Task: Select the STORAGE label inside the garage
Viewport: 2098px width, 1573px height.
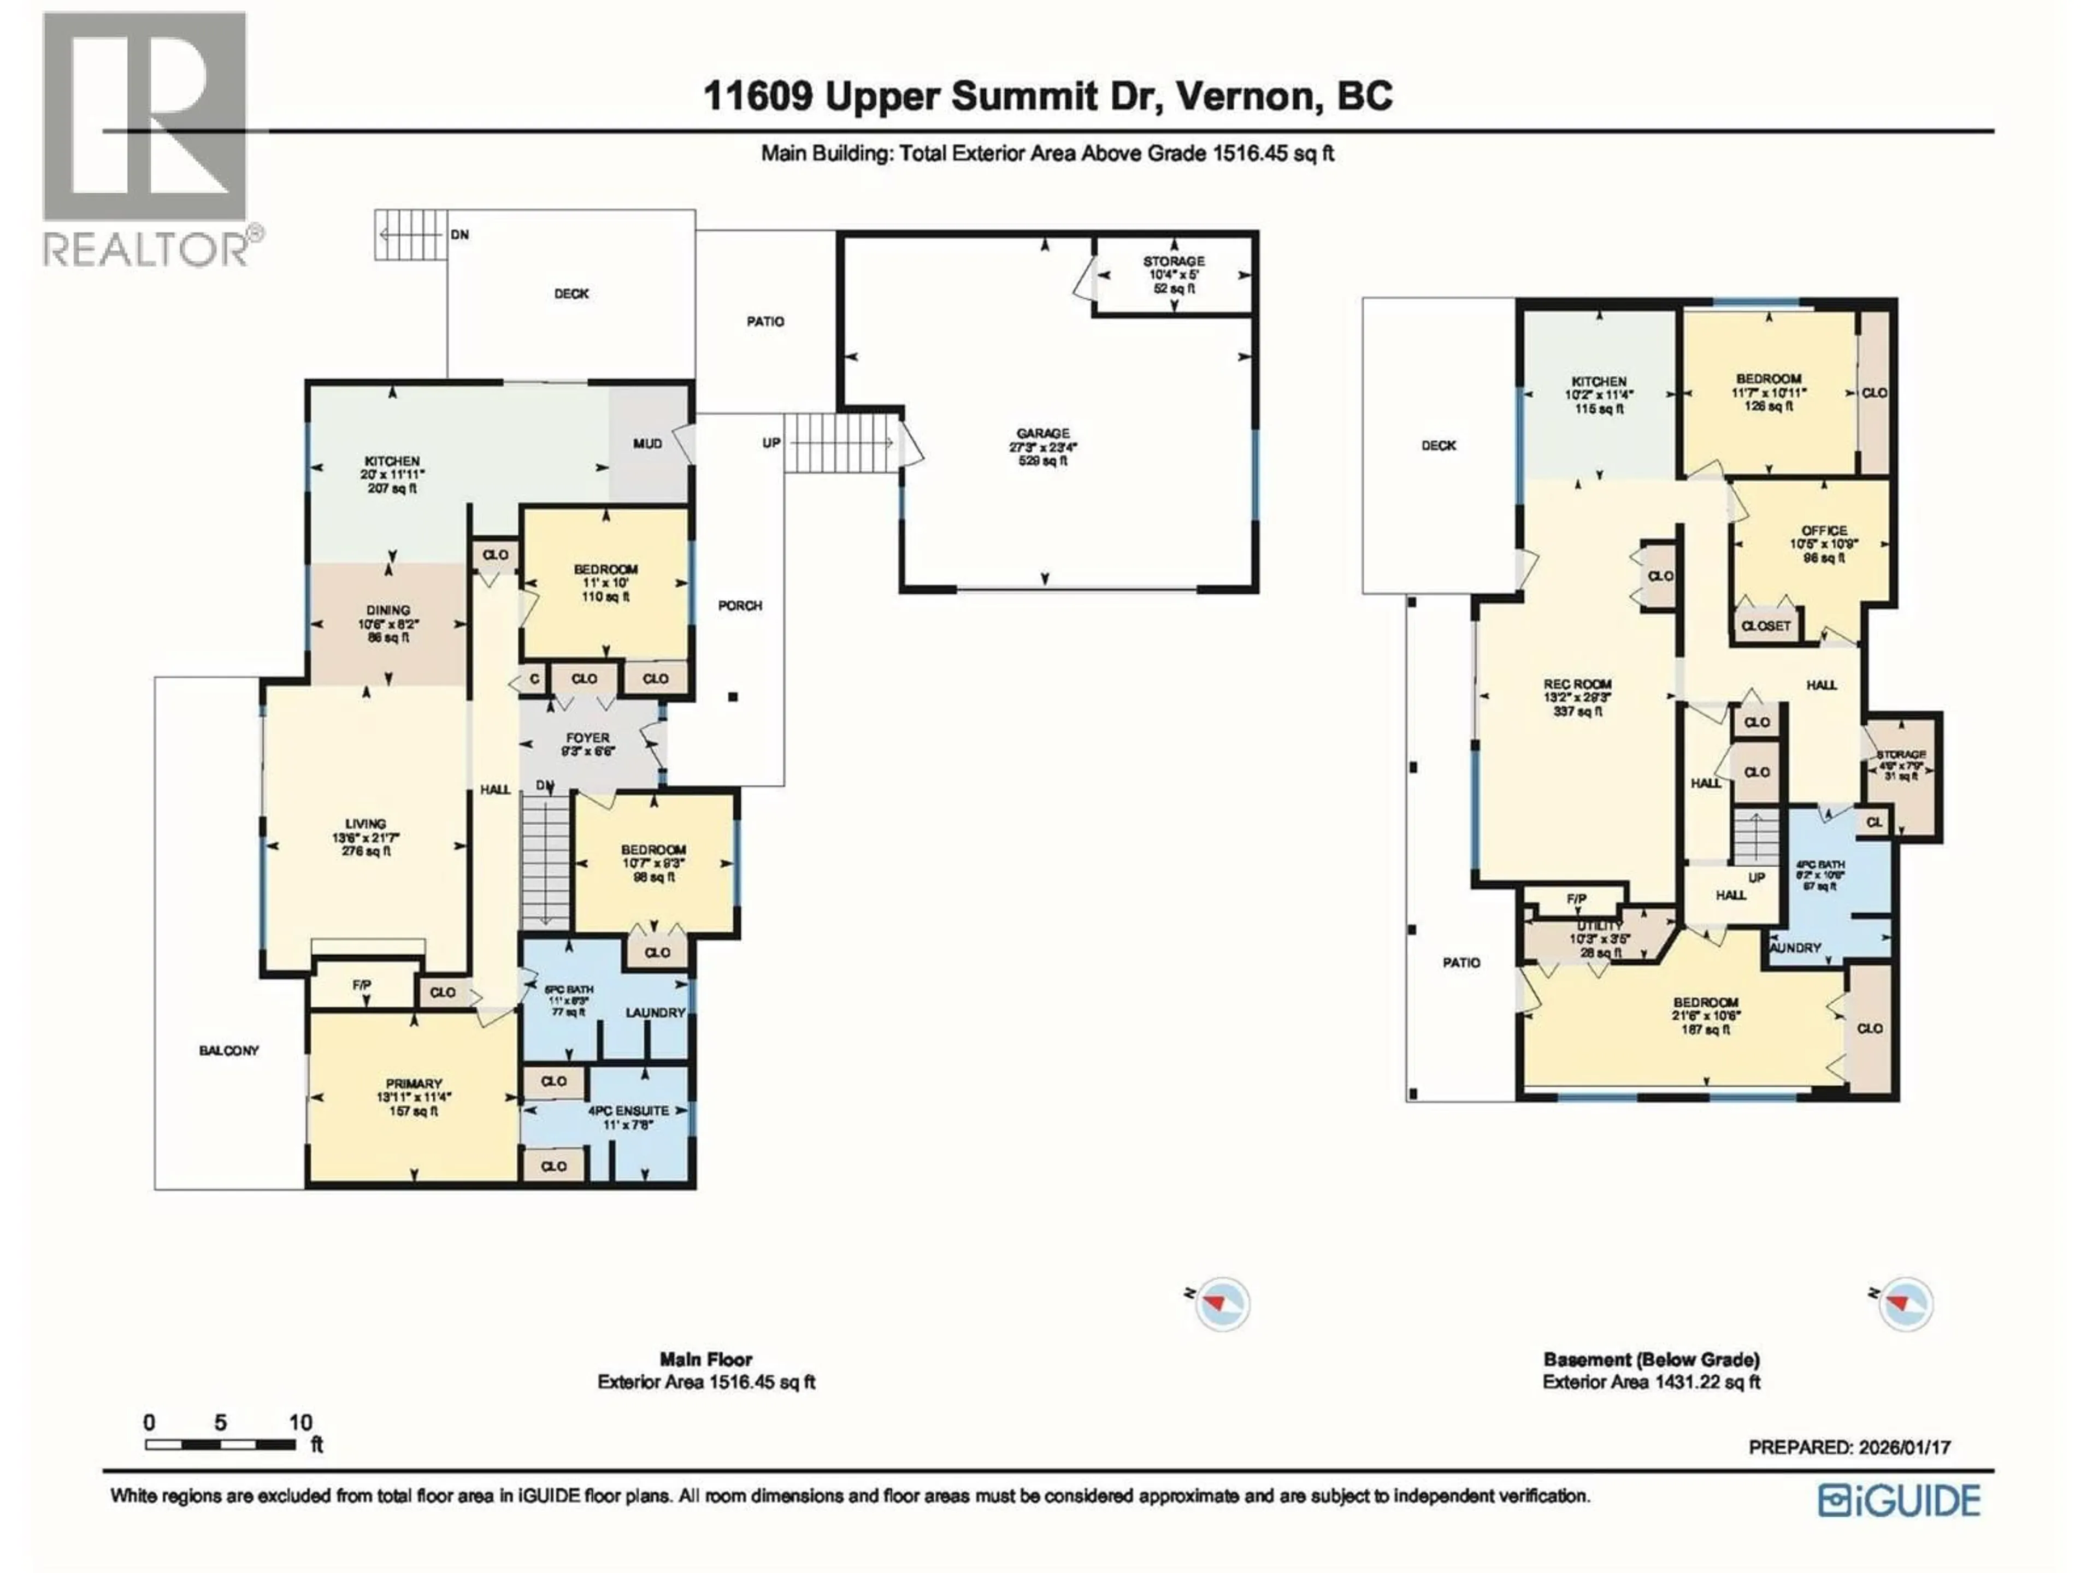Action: (1173, 261)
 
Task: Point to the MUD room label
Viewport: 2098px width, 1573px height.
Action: (648, 443)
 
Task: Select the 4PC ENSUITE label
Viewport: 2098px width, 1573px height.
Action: (628, 1110)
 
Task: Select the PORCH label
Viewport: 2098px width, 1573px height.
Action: (740, 605)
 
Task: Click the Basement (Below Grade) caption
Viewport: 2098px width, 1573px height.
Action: (1651, 1359)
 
